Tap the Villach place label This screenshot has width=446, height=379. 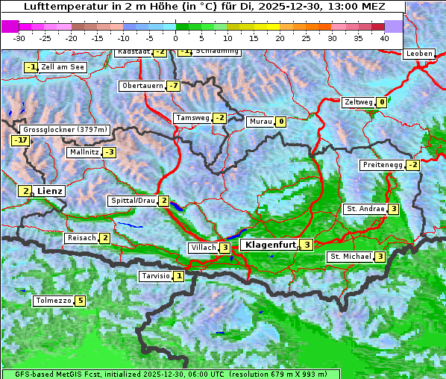coord(202,247)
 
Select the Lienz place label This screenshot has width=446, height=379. coord(50,191)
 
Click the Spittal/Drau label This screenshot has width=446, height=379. coord(133,201)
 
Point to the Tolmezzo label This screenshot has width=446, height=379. coord(53,301)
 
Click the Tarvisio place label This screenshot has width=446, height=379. coord(155,276)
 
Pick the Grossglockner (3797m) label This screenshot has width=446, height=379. coord(61,129)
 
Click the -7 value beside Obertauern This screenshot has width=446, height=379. coord(173,86)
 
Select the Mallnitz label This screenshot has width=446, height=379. coord(84,152)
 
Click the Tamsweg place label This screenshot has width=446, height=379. coord(192,118)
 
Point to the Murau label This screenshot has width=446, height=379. coord(260,122)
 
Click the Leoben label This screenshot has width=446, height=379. coord(418,54)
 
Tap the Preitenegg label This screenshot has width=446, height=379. coord(382,164)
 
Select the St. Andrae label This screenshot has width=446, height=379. coord(365,209)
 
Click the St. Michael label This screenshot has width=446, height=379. coord(350,257)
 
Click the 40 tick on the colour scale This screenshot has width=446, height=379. coord(384,38)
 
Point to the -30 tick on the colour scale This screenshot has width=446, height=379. coord(19,38)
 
